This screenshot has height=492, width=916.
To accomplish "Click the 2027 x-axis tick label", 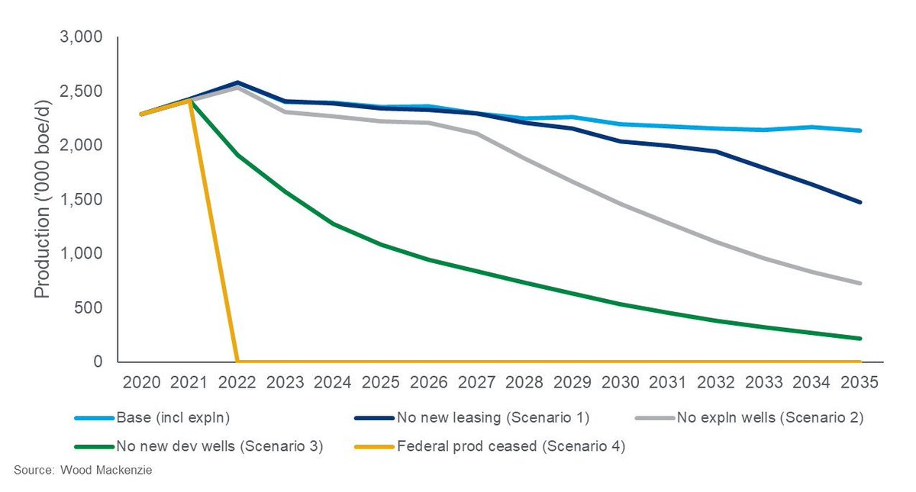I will coord(477,381).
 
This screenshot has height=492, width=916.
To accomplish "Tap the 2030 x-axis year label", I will coord(621,381).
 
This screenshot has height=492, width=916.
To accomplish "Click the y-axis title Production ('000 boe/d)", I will coord(43,200).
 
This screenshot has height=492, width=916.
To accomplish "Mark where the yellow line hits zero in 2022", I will coord(237,362).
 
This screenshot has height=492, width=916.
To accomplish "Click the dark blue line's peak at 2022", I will coord(237,82).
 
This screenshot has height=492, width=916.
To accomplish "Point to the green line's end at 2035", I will coord(860,339).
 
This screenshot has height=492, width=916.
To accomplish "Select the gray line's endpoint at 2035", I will coord(860,283).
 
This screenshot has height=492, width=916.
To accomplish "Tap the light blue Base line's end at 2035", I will coord(860,130).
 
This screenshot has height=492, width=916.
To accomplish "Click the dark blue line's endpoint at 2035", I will coord(860,202).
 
